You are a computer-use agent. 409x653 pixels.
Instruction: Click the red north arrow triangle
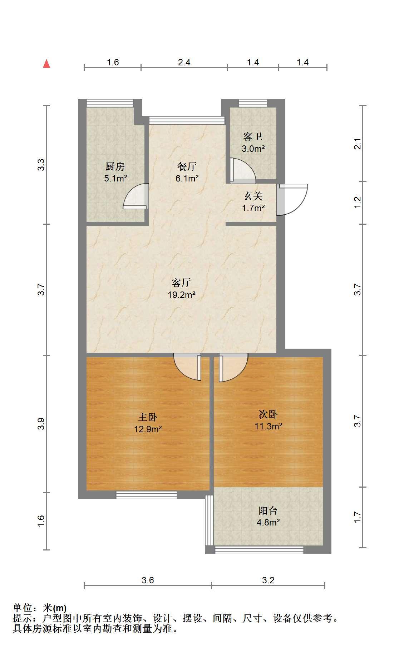coord(46,64)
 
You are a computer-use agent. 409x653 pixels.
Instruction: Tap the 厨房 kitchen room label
coord(115,166)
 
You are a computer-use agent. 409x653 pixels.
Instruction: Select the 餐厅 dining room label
coord(187,166)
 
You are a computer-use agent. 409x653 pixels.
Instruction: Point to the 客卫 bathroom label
coord(253,137)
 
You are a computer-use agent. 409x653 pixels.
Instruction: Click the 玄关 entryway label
coord(253,196)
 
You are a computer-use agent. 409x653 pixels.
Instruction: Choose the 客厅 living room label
coord(181,283)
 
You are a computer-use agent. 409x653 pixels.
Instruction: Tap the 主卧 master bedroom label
coord(148,417)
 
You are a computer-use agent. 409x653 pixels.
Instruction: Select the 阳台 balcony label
coord(268,510)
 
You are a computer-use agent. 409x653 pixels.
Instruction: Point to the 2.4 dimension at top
coord(184,62)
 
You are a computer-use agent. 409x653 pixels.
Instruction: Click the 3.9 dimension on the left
coord(41,423)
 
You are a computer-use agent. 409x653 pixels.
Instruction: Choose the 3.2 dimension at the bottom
coord(268,580)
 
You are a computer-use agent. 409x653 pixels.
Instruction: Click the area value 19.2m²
coord(181,295)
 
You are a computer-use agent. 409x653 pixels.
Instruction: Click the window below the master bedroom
coord(147,495)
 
